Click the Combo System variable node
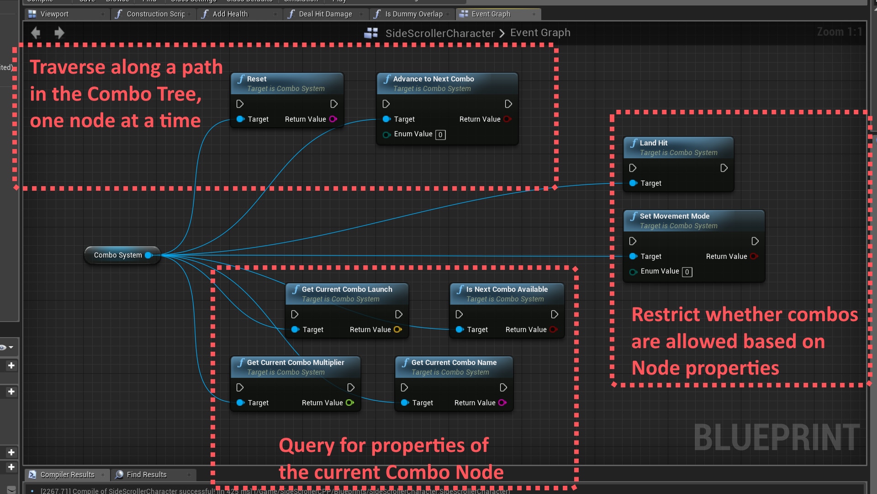click(x=118, y=255)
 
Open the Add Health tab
click(x=230, y=14)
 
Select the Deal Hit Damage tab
click(x=325, y=14)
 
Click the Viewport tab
click(x=54, y=14)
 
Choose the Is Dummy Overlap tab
click(x=413, y=14)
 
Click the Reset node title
click(x=257, y=79)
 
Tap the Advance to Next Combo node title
click(x=433, y=79)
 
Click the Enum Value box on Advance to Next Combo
click(x=440, y=134)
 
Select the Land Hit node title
click(x=653, y=143)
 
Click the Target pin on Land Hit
click(x=634, y=183)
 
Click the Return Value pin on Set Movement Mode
click(x=754, y=257)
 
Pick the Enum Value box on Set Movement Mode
click(x=687, y=272)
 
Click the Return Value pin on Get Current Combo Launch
click(x=397, y=329)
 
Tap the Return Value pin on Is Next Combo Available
click(x=553, y=329)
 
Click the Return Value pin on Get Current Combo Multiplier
click(x=349, y=403)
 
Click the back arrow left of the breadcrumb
click(x=36, y=32)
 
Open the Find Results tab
click(x=146, y=475)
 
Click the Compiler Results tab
click(x=67, y=475)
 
